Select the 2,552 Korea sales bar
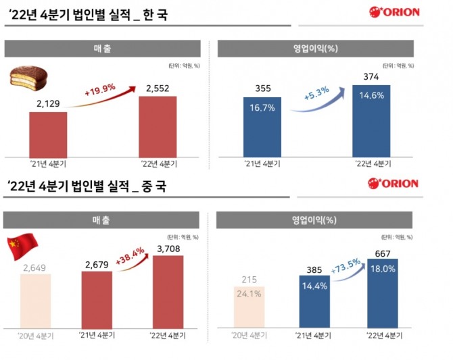pos(158,126)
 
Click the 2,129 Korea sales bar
pos(48,134)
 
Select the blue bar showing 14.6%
pos(371,121)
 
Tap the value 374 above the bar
pos(371,76)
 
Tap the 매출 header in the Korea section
pos(103,48)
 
